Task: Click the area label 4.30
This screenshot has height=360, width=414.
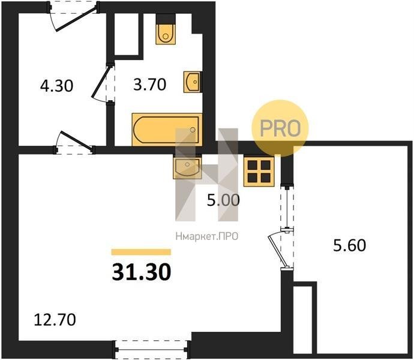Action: click(56, 86)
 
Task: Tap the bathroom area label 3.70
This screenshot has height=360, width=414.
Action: click(150, 85)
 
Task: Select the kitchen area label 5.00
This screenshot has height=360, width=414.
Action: click(223, 200)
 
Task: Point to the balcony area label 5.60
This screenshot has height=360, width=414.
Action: click(350, 245)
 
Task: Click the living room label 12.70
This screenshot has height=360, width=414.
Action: click(55, 320)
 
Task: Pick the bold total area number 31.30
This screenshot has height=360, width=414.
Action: click(142, 272)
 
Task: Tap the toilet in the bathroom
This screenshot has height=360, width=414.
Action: click(166, 34)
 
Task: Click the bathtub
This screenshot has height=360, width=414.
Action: click(167, 130)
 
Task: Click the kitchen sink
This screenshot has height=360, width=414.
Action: click(187, 167)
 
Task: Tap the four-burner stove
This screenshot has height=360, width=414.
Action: click(259, 172)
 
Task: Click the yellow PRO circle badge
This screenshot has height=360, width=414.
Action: click(280, 128)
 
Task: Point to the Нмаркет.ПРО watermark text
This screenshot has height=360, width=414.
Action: click(207, 236)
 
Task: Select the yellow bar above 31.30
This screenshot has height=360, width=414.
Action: click(141, 252)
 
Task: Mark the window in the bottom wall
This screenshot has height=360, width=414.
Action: click(151, 349)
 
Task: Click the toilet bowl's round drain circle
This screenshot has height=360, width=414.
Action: click(166, 36)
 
